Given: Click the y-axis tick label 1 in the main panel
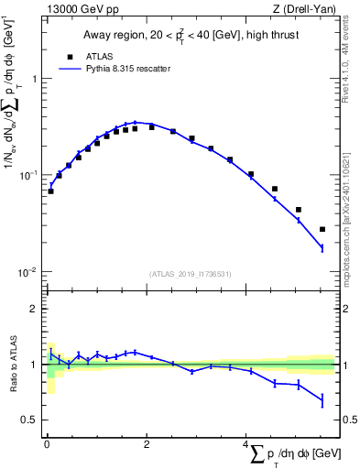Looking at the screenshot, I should pyautogui.click(x=35, y=79).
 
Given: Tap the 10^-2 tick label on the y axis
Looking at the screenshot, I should pyautogui.click(x=30, y=272).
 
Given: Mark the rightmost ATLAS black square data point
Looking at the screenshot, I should pyautogui.click(x=322, y=229).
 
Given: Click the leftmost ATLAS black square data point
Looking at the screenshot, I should pyautogui.click(x=50, y=191).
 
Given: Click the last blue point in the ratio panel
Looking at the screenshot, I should pyautogui.click(x=322, y=400).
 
